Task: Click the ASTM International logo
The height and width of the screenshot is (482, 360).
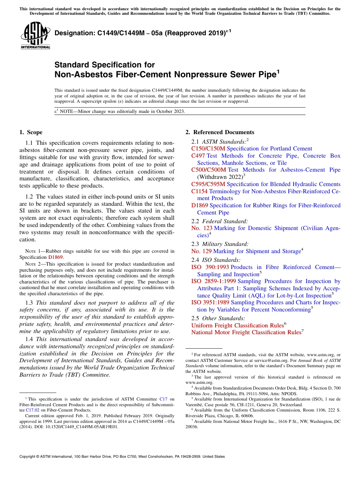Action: [x=35, y=36]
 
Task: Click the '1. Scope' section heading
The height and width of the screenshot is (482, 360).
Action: [x=31, y=132]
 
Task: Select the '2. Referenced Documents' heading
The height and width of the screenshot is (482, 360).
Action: [x=220, y=132]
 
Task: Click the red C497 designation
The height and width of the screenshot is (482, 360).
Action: [x=198, y=156]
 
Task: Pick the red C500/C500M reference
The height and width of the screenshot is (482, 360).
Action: [x=209, y=170]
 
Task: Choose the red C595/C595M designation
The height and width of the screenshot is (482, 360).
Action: [x=208, y=184]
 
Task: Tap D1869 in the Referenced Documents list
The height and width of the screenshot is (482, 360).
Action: [x=200, y=205]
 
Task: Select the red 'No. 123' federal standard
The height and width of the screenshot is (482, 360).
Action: [x=202, y=228]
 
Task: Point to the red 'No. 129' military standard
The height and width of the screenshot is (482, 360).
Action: [x=202, y=251]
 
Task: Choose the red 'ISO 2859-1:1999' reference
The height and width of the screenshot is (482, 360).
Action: [x=214, y=281]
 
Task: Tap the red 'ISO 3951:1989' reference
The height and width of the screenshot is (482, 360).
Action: [x=210, y=302]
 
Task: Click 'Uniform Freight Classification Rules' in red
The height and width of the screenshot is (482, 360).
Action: [x=237, y=326]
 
